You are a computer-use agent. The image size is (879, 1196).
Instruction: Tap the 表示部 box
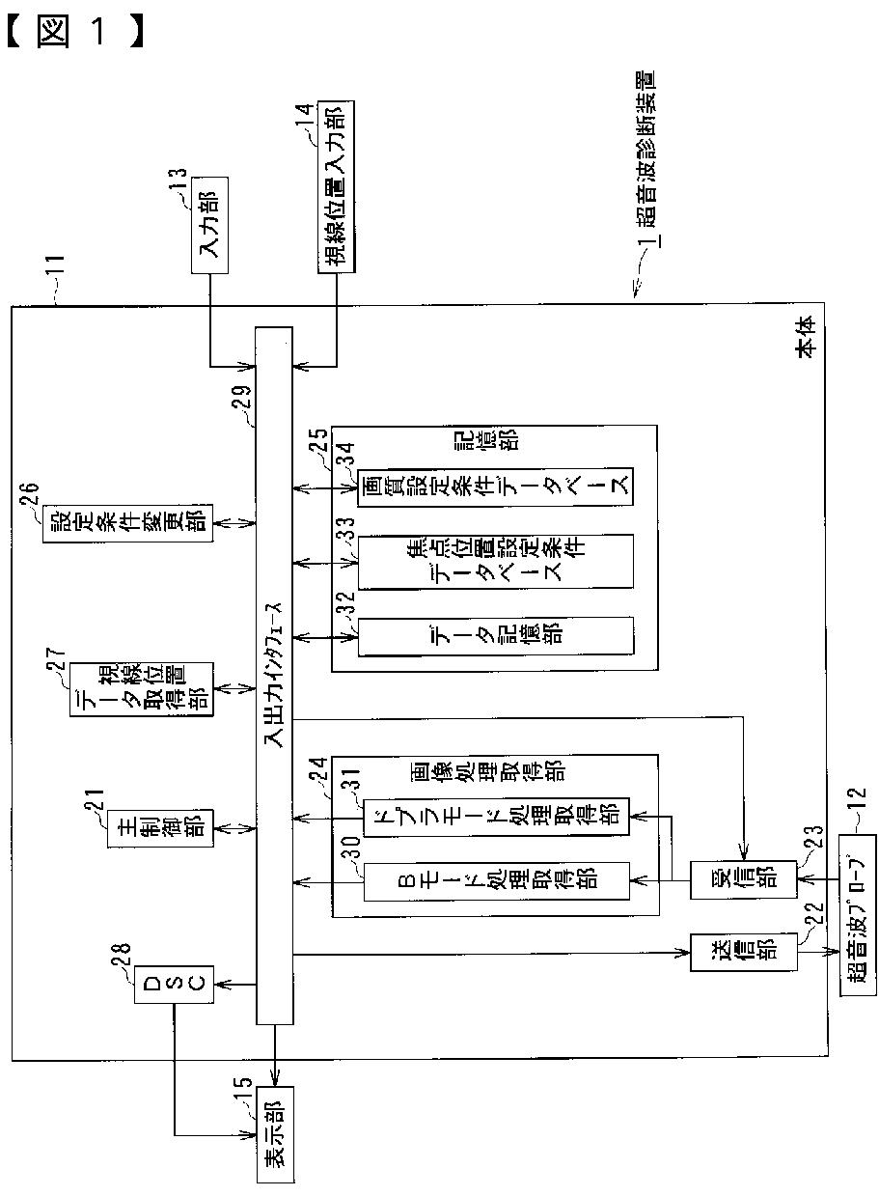point(276,1139)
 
